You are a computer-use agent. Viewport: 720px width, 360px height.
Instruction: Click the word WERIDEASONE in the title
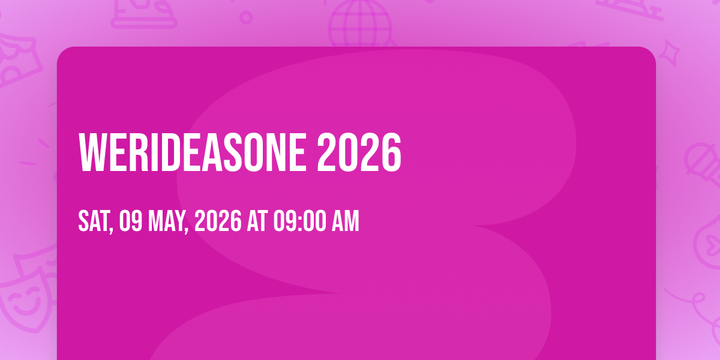pyautogui.click(x=193, y=152)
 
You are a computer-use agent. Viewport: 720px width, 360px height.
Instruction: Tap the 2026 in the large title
pyautogui.click(x=359, y=152)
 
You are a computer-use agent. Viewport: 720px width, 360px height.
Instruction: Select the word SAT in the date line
pyautogui.click(x=94, y=221)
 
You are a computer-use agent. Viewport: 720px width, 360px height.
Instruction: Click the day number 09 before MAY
pyautogui.click(x=131, y=221)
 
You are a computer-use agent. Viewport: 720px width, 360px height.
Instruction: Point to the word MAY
pyautogui.click(x=166, y=221)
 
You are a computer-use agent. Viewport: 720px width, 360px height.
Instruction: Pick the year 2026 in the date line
pyautogui.click(x=218, y=221)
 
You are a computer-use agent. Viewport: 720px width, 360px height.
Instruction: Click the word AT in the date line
pyautogui.click(x=257, y=221)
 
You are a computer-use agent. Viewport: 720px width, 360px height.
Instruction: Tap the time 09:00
pyautogui.click(x=299, y=221)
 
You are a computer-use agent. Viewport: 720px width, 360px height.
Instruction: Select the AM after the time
pyautogui.click(x=345, y=221)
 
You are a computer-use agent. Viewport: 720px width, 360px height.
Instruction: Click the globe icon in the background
pyautogui.click(x=360, y=24)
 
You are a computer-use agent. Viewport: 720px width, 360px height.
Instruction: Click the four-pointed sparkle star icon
pyautogui.click(x=669, y=52)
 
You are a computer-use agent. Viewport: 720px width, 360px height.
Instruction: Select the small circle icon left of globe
pyautogui.click(x=246, y=17)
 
